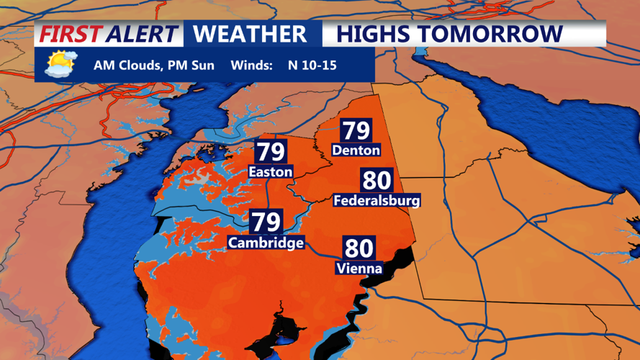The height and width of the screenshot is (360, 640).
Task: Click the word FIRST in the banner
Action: click(x=69, y=34)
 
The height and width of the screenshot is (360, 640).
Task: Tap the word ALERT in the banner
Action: click(x=141, y=34)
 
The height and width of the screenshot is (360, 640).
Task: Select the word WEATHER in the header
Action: click(x=251, y=34)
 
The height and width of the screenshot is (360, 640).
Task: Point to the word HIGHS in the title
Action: click(x=377, y=34)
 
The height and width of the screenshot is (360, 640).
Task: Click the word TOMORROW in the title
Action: click(x=493, y=34)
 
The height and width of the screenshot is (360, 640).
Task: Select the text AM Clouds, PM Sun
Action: click(x=153, y=66)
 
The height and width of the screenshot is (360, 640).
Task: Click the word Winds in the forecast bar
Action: click(x=251, y=66)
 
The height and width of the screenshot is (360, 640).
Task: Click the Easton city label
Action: click(x=270, y=172)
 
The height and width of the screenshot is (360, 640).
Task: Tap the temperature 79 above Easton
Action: click(x=270, y=153)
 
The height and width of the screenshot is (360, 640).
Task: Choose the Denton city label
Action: click(x=356, y=150)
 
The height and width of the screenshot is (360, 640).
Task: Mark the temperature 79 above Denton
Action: click(x=356, y=131)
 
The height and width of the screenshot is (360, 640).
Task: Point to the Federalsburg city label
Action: click(x=377, y=200)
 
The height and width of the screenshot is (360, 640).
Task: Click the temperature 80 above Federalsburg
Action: click(x=377, y=180)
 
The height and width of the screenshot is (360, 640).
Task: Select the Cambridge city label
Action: click(x=266, y=243)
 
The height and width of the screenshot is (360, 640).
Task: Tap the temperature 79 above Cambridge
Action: click(x=266, y=222)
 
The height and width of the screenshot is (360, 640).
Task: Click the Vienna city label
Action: click(x=359, y=269)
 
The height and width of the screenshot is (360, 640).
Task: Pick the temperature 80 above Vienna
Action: click(x=359, y=248)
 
